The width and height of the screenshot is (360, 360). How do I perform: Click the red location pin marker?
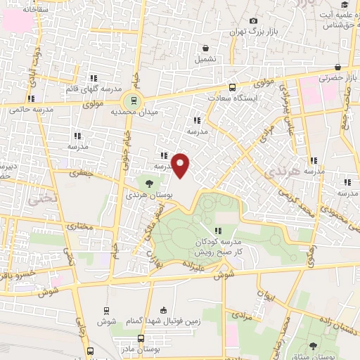pyautogui.click(x=181, y=165)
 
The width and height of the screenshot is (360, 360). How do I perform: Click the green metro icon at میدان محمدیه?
pyautogui.click(x=134, y=98)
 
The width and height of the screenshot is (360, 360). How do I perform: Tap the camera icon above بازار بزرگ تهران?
pyautogui.click(x=253, y=21)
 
